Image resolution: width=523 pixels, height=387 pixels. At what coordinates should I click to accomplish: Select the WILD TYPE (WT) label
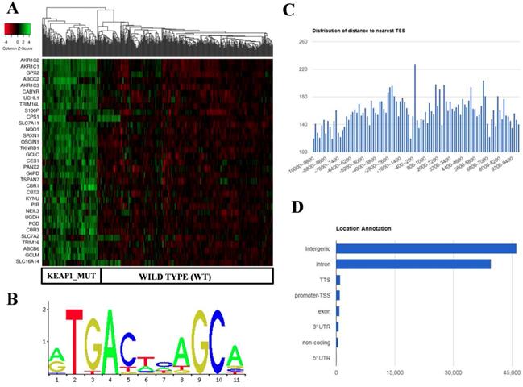click(x=185, y=276)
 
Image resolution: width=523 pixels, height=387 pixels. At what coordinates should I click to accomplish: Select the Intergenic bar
click(x=426, y=248)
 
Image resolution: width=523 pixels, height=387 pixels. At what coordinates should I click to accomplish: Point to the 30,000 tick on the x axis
click(x=453, y=372)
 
